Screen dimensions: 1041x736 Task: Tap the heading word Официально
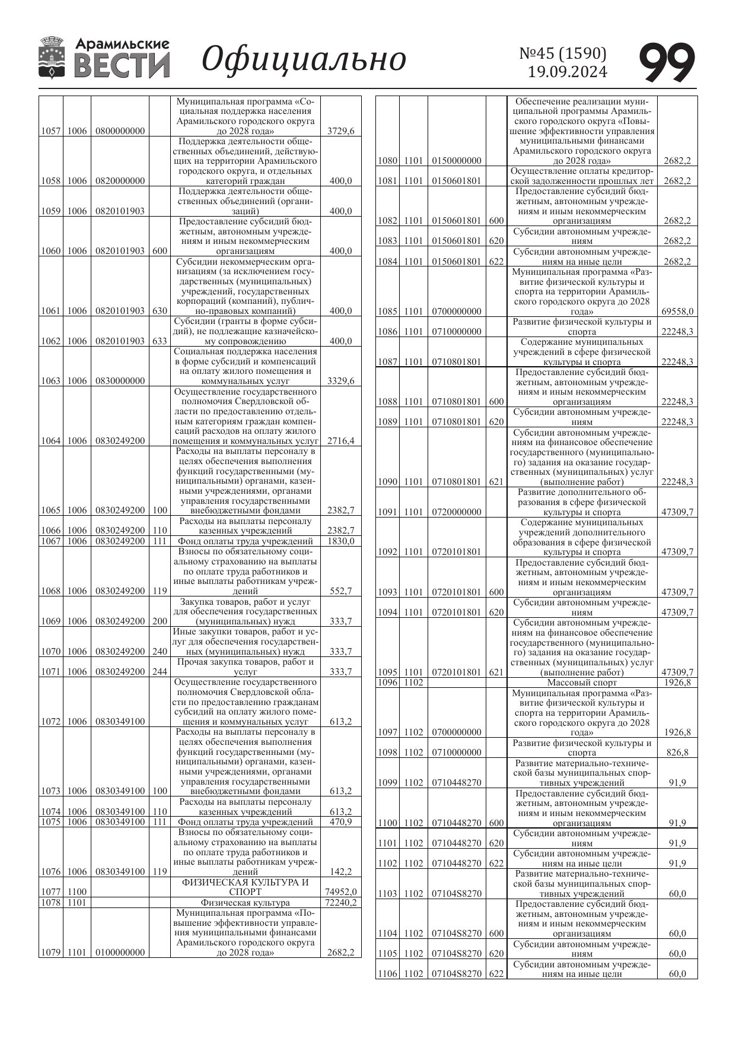(x=304, y=59)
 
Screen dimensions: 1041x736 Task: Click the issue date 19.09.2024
(x=568, y=72)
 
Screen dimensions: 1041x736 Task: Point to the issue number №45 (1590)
(x=563, y=53)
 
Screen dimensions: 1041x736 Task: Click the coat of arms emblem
(x=52, y=58)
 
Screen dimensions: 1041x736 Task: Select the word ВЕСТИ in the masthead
(x=122, y=66)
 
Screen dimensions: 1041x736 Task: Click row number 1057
(x=51, y=131)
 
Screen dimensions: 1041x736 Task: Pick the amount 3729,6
(x=340, y=131)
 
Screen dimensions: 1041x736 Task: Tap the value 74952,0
(x=340, y=891)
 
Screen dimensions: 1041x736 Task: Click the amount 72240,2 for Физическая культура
(x=340, y=902)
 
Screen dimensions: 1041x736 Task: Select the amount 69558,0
(x=677, y=311)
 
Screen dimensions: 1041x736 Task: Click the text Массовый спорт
(x=581, y=683)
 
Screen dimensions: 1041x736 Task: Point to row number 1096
(x=387, y=683)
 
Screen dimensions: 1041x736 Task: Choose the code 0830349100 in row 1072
(x=120, y=722)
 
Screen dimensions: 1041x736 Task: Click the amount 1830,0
(x=340, y=541)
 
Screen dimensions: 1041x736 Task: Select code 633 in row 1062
(x=160, y=341)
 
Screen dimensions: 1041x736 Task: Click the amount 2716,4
(x=340, y=441)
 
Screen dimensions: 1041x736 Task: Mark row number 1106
(x=387, y=973)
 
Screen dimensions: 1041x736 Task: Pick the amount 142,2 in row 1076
(x=340, y=872)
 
